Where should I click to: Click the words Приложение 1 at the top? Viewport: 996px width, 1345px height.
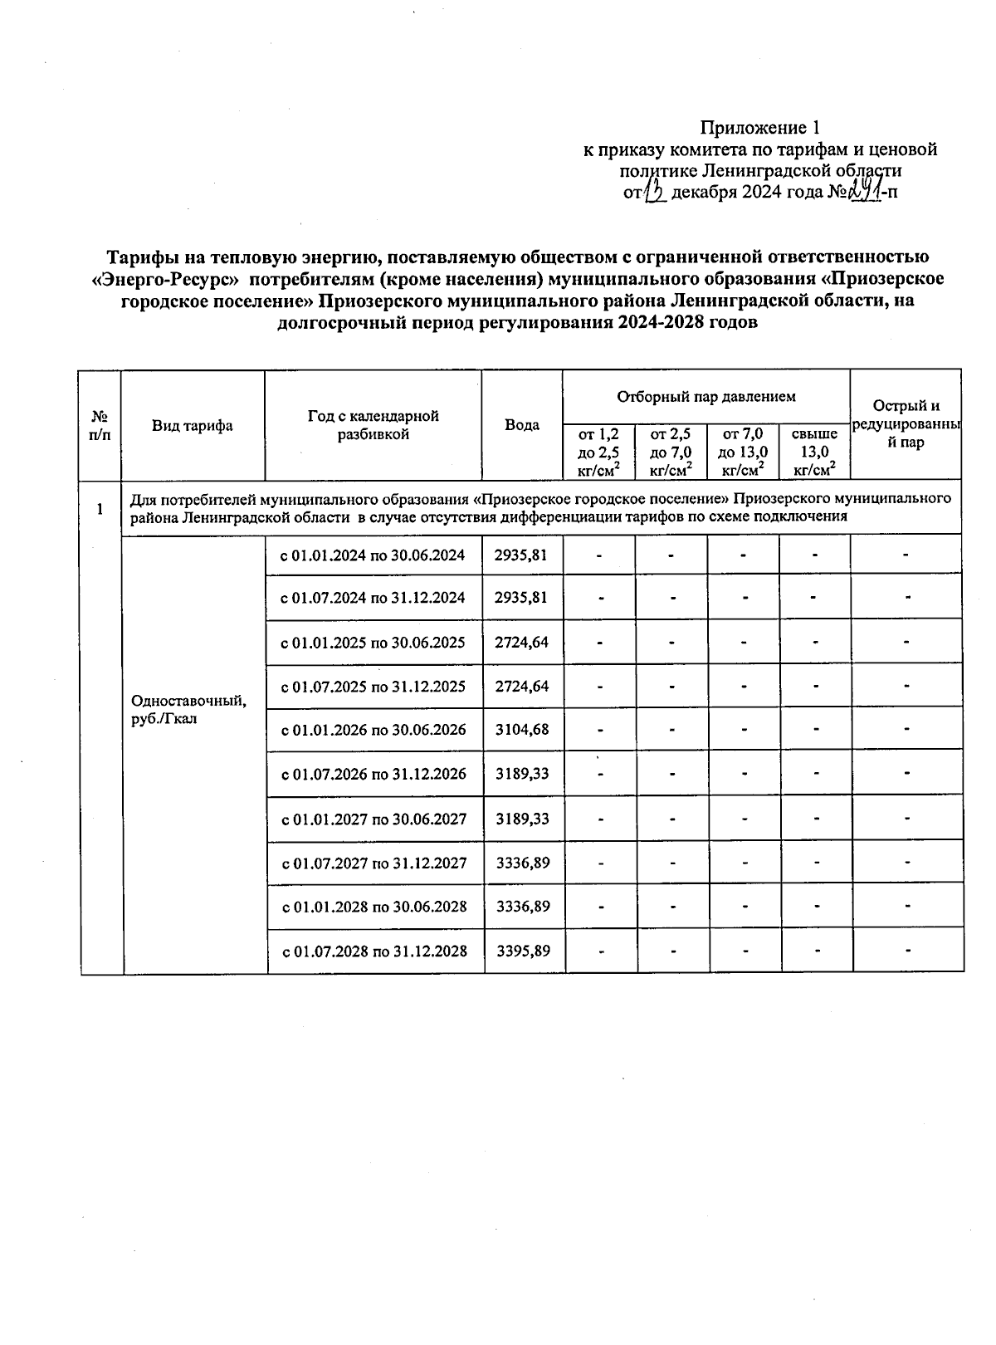pos(759,128)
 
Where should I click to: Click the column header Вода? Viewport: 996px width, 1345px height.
pos(522,425)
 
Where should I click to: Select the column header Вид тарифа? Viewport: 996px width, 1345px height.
pos(192,426)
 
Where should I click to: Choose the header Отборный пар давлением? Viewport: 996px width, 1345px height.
pos(705,397)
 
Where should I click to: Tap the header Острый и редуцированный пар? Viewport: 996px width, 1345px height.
pos(906,424)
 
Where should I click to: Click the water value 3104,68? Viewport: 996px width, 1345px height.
pos(523,730)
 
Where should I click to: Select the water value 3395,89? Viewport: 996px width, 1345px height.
pos(524,951)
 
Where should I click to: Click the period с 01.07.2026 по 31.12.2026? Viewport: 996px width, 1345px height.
pos(374,775)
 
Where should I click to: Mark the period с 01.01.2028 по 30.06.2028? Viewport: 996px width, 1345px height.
pos(374,907)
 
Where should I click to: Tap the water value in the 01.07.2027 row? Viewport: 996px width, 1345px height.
pos(524,863)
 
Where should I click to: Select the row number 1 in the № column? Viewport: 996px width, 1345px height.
pos(100,510)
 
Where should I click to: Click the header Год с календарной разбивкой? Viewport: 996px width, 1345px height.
pos(373,425)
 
